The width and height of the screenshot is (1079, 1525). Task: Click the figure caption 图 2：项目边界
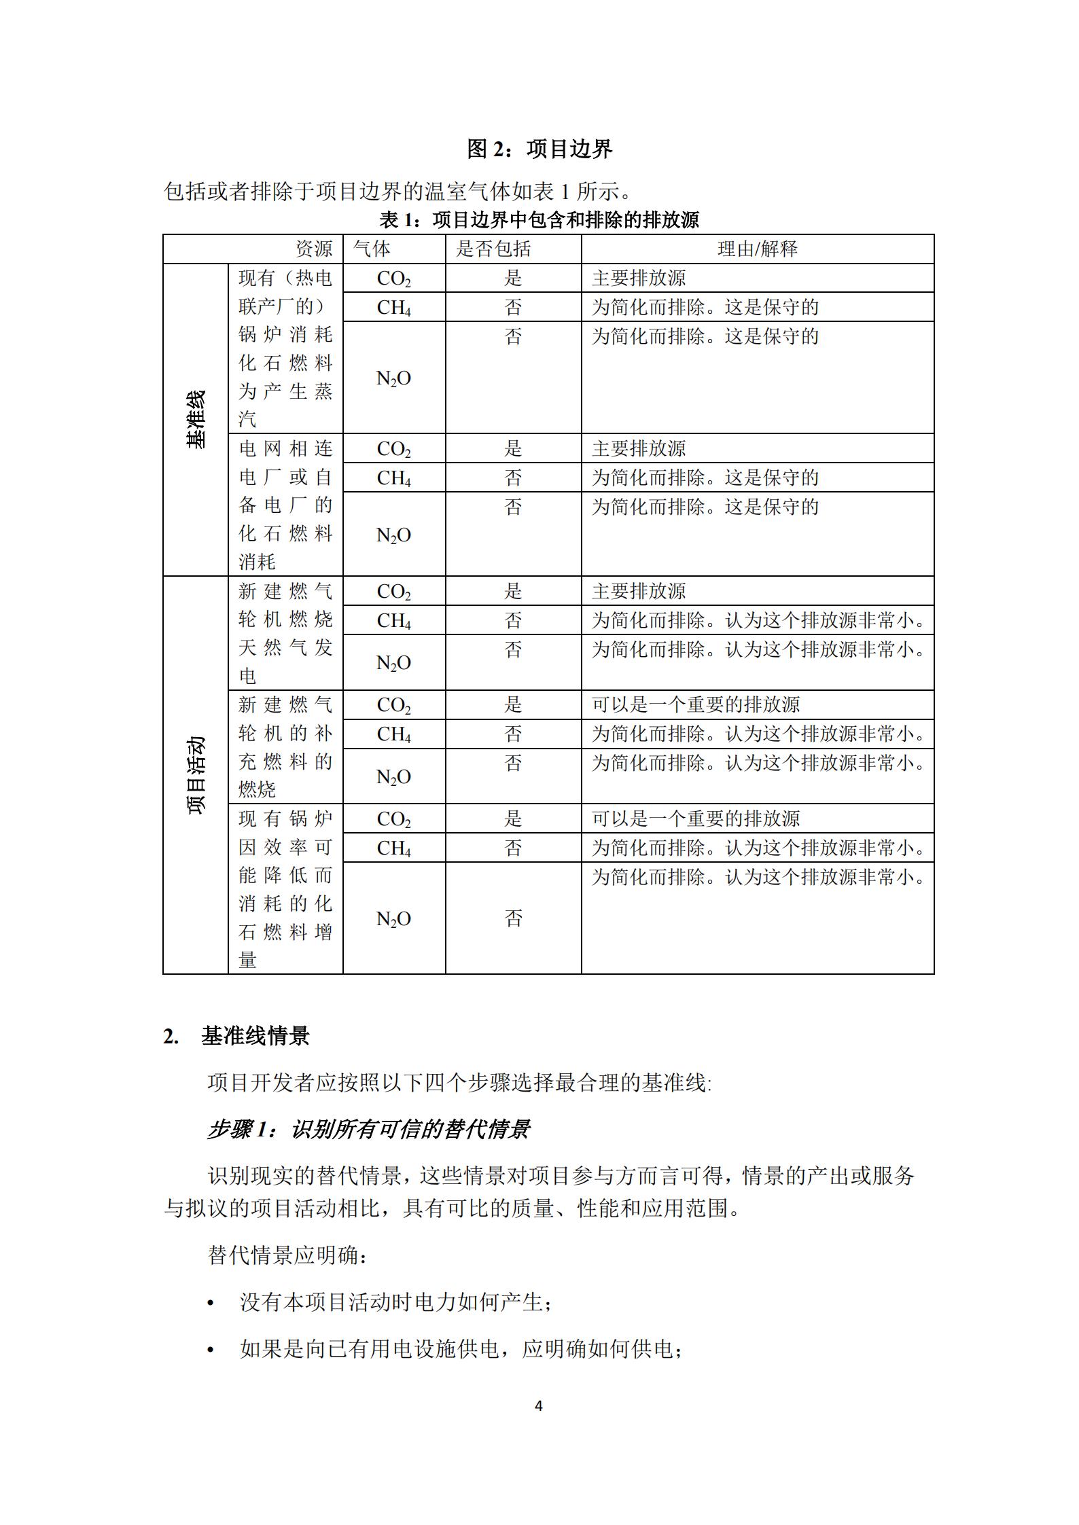coord(539,149)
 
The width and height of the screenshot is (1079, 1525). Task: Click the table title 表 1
coord(539,220)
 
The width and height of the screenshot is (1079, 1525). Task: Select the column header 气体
coord(372,249)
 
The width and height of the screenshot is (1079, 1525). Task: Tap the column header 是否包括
coord(493,249)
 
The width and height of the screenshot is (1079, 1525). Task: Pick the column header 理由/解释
coord(758,249)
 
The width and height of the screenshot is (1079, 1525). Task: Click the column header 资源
coord(314,249)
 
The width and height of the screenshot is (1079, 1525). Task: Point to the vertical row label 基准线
coord(196,420)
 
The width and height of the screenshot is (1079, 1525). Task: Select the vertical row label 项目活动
coord(196,775)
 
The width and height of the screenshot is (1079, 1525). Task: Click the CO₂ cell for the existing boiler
coord(394,279)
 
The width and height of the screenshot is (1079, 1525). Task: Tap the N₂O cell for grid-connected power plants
coord(394,535)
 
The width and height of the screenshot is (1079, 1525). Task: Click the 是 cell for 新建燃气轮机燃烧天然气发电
coord(513,592)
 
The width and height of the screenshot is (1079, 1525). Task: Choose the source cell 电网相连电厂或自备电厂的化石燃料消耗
coord(285,505)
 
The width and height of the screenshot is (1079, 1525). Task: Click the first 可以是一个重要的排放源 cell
coord(696,705)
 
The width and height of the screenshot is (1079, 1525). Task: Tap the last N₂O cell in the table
coord(394,919)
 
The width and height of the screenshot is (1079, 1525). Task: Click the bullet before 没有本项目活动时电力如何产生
coord(211,1304)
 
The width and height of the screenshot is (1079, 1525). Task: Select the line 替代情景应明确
coord(288,1255)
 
